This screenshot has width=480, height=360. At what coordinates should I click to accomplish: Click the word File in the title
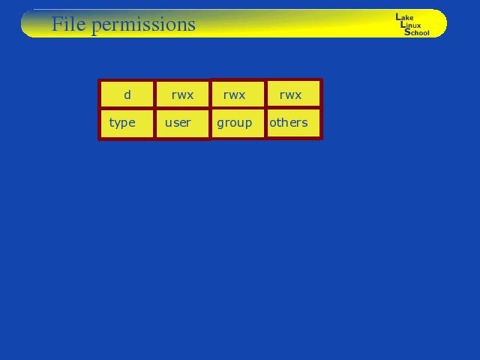[69, 23]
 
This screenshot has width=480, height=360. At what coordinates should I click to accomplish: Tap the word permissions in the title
[143, 25]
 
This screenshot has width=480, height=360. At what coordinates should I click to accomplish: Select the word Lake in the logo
[404, 17]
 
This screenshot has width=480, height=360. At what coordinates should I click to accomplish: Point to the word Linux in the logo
[410, 25]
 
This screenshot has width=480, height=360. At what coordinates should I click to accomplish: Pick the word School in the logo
[417, 32]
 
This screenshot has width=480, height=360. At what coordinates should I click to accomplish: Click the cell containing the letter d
[127, 94]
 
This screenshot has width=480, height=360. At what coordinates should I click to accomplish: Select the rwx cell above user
[182, 94]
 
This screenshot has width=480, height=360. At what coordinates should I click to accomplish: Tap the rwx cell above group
[238, 94]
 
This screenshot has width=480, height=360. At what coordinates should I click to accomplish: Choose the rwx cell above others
[293, 94]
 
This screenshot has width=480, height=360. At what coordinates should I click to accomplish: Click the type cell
[127, 123]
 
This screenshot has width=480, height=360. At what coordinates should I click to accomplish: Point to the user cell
[182, 123]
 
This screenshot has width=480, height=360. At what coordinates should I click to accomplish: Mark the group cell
[238, 123]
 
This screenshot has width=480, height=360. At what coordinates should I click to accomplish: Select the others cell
[293, 123]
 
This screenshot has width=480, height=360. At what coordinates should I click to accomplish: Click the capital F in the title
[58, 23]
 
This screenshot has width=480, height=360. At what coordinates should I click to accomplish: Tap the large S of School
[407, 31]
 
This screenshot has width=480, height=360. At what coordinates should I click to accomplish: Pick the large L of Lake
[398, 16]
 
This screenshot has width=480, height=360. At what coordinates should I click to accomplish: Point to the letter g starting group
[220, 124]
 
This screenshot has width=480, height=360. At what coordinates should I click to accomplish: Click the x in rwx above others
[298, 95]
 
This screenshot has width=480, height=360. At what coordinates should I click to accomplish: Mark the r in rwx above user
[174, 95]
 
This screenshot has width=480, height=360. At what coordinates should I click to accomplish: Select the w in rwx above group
[233, 95]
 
